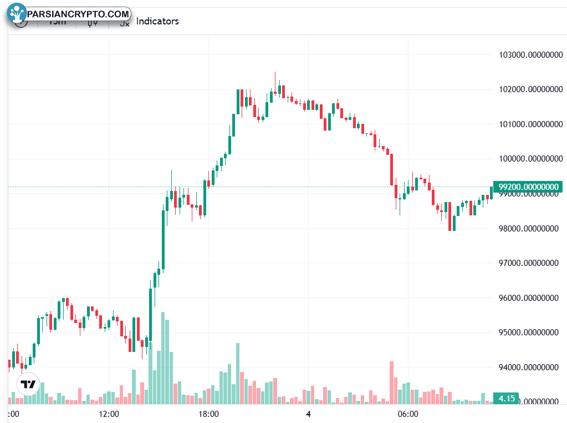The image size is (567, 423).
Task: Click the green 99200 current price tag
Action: point(528,187)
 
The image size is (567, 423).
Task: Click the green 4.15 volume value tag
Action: point(507,399)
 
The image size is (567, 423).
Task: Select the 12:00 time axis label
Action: point(109,414)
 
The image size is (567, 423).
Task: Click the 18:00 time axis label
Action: point(208,414)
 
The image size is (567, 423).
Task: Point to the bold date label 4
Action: point(308,414)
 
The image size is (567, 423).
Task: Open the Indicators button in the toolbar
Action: point(157,21)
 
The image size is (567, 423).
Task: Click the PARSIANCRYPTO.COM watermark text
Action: point(78,13)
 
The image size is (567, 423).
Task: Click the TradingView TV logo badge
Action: point(28,384)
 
